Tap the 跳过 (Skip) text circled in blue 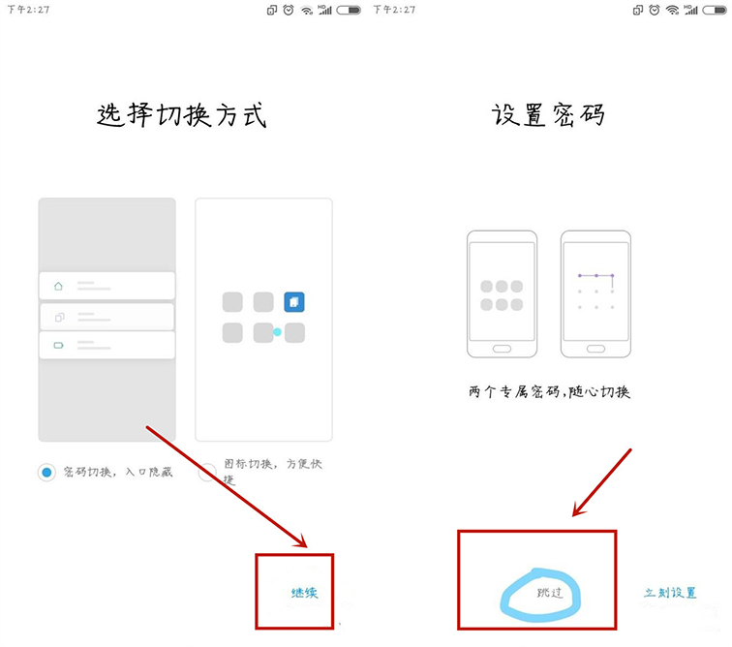pyautogui.click(x=549, y=591)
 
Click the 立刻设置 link pyautogui.click(x=670, y=592)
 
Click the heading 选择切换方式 pyautogui.click(x=182, y=115)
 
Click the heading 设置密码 pyautogui.click(x=548, y=115)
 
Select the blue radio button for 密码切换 pyautogui.click(x=46, y=473)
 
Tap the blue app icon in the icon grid pyautogui.click(x=294, y=302)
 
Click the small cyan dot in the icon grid pyautogui.click(x=277, y=332)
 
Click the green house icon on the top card pyautogui.click(x=58, y=286)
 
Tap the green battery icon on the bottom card pyautogui.click(x=58, y=345)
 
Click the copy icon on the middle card pyautogui.click(x=58, y=316)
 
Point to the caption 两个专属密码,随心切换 pyautogui.click(x=549, y=392)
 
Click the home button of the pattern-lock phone pyautogui.click(x=595, y=348)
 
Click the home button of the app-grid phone pyautogui.click(x=502, y=348)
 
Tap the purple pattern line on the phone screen pyautogui.click(x=595, y=276)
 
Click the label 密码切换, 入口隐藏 pyautogui.click(x=117, y=472)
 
